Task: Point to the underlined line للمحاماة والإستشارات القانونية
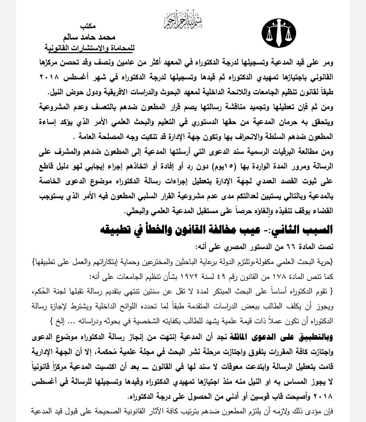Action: [90, 48]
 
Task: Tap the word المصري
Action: [216, 247]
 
